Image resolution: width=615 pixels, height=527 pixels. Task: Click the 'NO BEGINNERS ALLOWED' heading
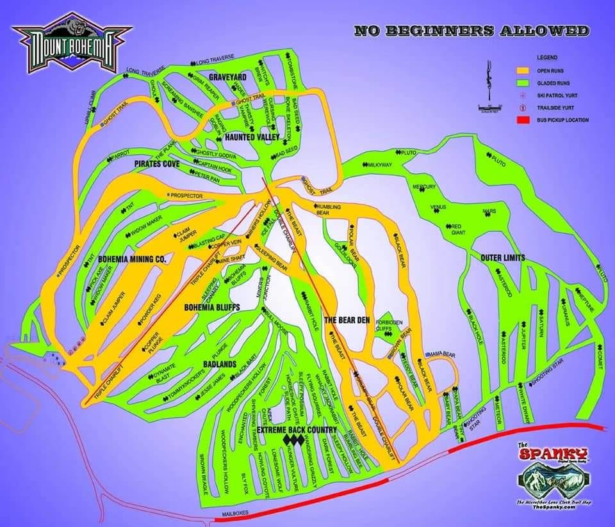pos(471,30)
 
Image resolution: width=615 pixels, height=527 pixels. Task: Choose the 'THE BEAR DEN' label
pos(347,319)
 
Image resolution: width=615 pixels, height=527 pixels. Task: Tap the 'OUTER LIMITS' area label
pos(503,258)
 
